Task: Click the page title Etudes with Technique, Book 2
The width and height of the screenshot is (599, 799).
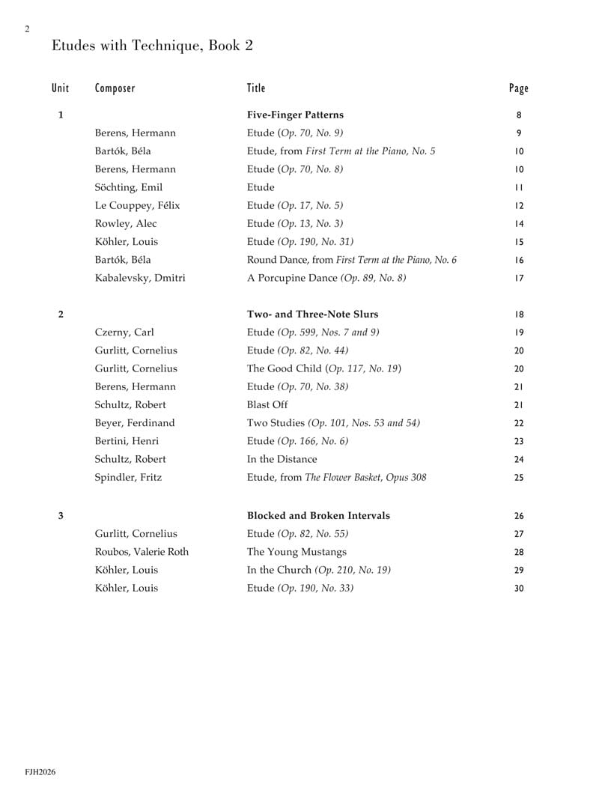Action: point(152,46)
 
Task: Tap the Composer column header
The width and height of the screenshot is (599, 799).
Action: point(115,88)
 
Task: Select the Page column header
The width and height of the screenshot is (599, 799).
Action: point(518,88)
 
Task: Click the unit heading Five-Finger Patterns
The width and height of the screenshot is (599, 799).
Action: point(295,115)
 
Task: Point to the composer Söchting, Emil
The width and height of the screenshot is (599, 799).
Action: point(128,187)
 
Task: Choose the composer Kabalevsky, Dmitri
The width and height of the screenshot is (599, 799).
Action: point(140,279)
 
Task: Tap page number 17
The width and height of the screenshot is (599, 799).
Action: point(519,279)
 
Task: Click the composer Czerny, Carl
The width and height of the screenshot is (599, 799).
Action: point(124,332)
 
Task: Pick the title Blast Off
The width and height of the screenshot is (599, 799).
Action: point(268,405)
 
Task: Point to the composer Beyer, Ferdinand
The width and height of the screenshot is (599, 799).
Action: point(136,423)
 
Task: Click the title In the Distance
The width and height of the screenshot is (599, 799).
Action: point(282,459)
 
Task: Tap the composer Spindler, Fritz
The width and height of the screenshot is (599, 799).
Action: point(128,477)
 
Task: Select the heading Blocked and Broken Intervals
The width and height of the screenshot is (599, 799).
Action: point(318,516)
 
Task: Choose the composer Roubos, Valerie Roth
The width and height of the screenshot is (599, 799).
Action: point(142,553)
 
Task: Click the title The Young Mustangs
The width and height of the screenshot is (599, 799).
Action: point(297,553)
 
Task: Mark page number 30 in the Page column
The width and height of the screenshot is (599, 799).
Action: point(519,589)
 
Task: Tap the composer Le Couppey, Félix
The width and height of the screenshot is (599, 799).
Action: point(137,205)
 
